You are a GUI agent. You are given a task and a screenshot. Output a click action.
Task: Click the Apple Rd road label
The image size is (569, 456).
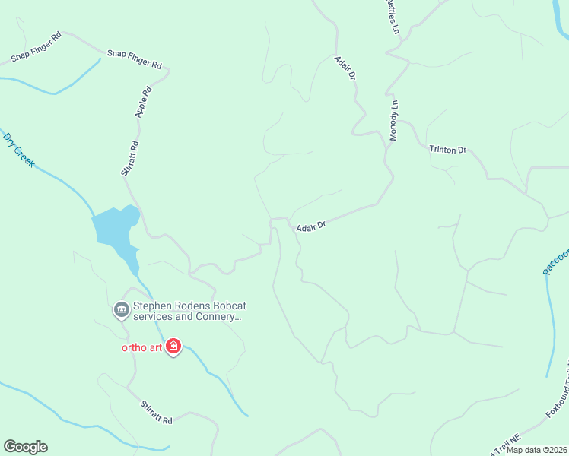pos(144,101)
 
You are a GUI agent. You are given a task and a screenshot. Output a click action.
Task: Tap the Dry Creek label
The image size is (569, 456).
pos(19,150)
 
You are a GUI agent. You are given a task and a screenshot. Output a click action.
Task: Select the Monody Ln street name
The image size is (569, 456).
pos(394,120)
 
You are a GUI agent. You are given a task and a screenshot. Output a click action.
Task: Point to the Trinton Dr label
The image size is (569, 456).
pos(447,150)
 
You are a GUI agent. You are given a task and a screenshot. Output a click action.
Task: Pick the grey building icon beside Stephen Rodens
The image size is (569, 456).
pos(120,310)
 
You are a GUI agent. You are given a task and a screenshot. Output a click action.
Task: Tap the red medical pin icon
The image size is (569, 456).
pos(173,347)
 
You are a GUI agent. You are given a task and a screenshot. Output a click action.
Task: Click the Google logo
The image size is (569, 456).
pos(25,447)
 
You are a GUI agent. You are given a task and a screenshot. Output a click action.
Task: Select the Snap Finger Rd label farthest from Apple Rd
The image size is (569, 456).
pos(36,47)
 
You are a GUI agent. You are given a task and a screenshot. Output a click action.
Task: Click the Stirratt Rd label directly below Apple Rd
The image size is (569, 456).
pos(129,158)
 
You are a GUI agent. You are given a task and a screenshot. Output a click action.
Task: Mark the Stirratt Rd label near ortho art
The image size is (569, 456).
pos(156,412)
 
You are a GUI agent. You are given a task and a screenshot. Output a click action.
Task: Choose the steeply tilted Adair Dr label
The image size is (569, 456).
pos(345,67)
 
